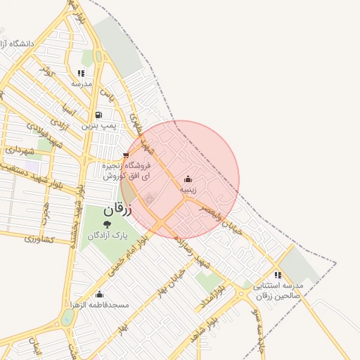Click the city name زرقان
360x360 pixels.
pos(117,209)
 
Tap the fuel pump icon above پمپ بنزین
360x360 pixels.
pos(98,115)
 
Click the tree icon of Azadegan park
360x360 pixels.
pos(107,224)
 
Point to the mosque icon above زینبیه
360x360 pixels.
pos(187,179)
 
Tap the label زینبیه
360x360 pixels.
pos(187,190)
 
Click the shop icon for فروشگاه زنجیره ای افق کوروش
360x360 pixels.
pos(126,155)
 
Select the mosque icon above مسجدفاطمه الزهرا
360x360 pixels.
pos(99,294)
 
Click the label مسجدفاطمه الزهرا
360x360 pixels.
pos(98,305)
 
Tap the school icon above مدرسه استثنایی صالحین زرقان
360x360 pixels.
pos(278,275)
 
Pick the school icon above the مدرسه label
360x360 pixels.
pos(81,73)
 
